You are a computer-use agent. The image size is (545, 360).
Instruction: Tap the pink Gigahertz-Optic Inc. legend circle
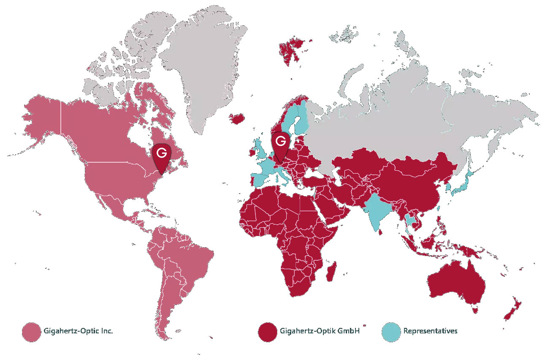(x=31, y=331)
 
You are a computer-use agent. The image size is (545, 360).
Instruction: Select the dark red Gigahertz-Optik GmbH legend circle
(x=267, y=331)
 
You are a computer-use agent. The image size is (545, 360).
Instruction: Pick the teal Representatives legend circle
(x=390, y=331)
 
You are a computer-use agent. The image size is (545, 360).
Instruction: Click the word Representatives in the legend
(x=430, y=331)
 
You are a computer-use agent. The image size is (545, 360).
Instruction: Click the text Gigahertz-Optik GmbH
(x=320, y=331)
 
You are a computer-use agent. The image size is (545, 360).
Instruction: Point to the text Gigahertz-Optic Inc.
(x=78, y=331)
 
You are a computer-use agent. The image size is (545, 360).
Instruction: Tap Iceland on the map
(x=237, y=118)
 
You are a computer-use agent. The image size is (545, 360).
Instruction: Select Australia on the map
(x=456, y=283)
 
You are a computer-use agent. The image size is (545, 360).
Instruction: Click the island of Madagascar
(x=332, y=272)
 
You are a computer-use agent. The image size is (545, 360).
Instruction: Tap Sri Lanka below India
(x=381, y=231)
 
